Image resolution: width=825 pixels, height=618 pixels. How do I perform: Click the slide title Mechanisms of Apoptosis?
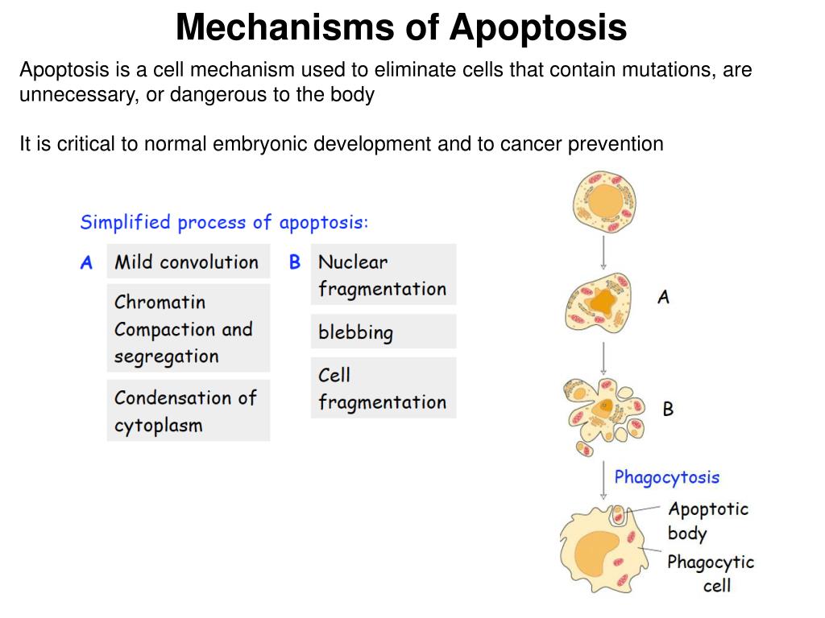[x=400, y=27]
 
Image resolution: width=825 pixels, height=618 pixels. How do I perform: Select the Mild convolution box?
[x=188, y=262]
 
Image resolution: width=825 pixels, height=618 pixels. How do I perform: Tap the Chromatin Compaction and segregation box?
[x=188, y=328]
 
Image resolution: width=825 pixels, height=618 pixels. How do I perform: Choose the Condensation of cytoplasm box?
[x=188, y=410]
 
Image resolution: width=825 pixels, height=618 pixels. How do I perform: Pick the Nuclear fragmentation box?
[x=383, y=274]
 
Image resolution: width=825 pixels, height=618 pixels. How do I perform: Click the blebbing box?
[x=383, y=332]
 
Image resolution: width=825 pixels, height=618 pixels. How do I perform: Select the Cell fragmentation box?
[x=383, y=388]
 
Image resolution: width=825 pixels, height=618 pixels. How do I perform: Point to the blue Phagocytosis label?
[x=666, y=477]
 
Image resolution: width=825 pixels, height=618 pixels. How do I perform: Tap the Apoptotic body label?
[x=707, y=521]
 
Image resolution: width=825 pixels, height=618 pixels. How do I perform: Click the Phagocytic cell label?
[x=711, y=573]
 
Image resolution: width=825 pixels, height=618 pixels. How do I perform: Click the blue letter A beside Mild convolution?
[x=86, y=262]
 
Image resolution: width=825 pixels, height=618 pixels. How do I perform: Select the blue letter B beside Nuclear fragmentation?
[x=295, y=262]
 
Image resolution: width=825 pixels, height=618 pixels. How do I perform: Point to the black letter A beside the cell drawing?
[x=663, y=297]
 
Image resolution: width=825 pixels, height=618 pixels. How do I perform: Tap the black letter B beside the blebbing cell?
[x=668, y=409]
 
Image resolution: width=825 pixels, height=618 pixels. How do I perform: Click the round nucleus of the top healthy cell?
[x=603, y=205]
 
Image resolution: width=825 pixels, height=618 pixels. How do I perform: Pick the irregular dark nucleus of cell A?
[x=602, y=303]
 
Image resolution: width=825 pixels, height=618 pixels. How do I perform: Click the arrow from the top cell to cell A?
[x=603, y=253]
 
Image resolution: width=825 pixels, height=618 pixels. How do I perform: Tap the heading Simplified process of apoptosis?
[x=224, y=222]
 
